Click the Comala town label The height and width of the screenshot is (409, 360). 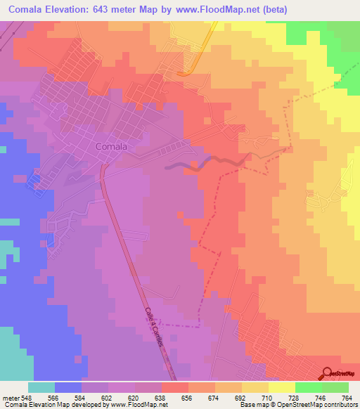(111, 147)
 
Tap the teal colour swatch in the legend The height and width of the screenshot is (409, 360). (41, 387)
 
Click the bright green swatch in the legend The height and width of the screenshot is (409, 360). (308, 387)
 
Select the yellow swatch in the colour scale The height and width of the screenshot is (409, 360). (281, 387)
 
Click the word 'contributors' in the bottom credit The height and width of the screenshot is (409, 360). (340, 404)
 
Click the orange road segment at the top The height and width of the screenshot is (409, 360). (186, 71)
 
